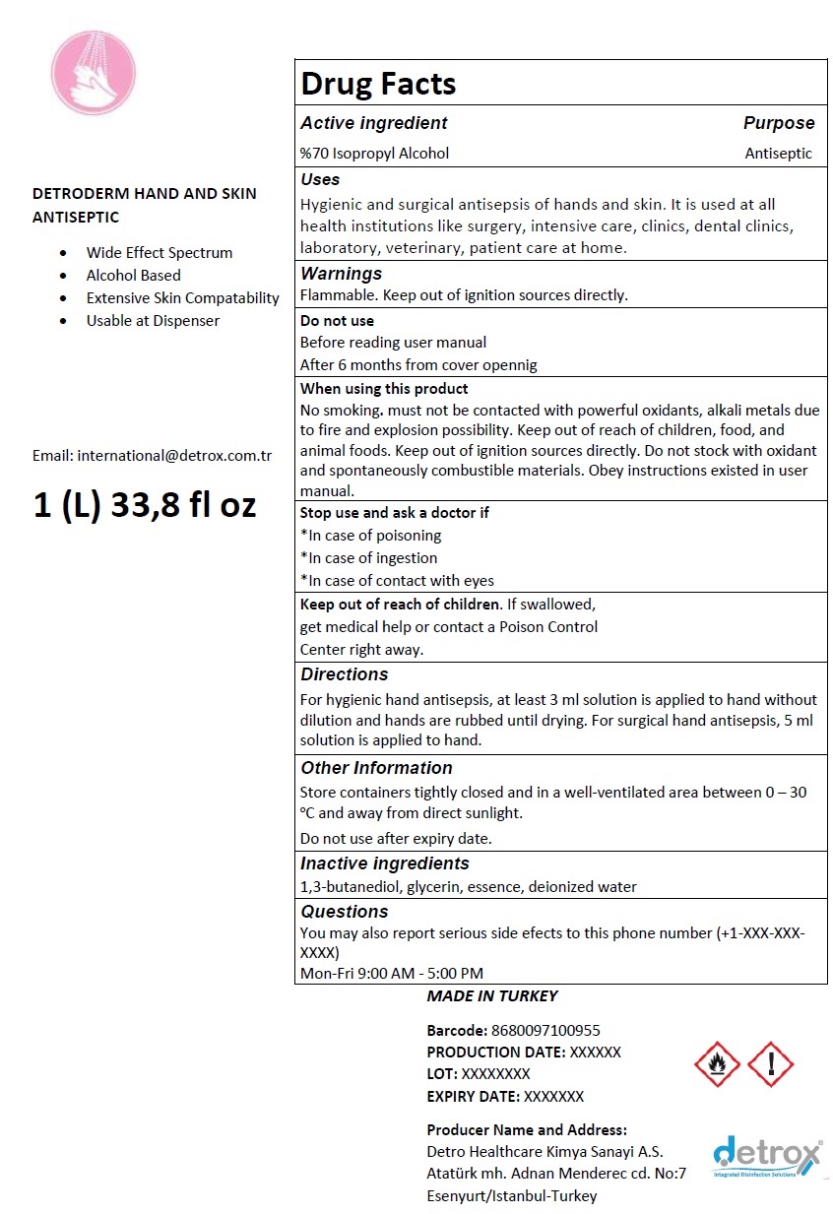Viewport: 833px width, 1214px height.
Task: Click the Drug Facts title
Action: pyautogui.click(x=378, y=84)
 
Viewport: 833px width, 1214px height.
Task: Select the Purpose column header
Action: pyautogui.click(x=779, y=123)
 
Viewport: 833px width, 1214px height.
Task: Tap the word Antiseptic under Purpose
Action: pyautogui.click(x=779, y=153)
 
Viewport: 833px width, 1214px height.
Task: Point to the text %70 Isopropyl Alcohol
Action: pyautogui.click(x=374, y=153)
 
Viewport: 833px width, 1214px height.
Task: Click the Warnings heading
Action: pyautogui.click(x=341, y=274)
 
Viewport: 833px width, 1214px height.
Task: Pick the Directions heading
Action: pyautogui.click(x=344, y=674)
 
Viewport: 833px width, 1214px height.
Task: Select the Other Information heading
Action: pyautogui.click(x=376, y=768)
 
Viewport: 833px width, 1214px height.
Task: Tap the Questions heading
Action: pyautogui.click(x=344, y=912)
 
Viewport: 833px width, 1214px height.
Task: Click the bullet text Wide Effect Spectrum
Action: pyautogui.click(x=160, y=253)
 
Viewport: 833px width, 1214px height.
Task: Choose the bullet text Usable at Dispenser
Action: pyautogui.click(x=153, y=321)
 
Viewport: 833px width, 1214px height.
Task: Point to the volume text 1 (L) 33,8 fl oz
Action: pyautogui.click(x=145, y=504)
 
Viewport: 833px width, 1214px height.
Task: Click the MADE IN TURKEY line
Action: pyautogui.click(x=492, y=996)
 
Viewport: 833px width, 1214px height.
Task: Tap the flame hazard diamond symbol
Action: pyautogui.click(x=717, y=1064)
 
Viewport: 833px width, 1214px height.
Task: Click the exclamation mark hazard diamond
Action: pyautogui.click(x=770, y=1064)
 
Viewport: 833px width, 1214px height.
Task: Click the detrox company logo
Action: pyautogui.click(x=767, y=1157)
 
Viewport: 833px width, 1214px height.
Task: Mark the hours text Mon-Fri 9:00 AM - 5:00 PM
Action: pyautogui.click(x=392, y=974)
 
